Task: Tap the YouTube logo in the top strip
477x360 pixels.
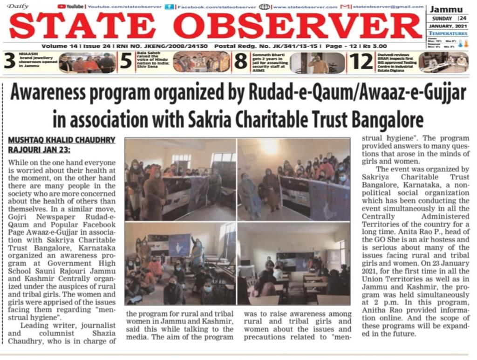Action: click(x=71, y=7)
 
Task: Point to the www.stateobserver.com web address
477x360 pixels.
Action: click(x=305, y=7)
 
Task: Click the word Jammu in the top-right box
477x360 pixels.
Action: click(x=446, y=10)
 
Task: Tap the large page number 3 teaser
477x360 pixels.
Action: click(x=10, y=61)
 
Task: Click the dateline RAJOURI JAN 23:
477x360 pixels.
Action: click(x=40, y=149)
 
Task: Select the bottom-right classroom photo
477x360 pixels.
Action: click(x=293, y=264)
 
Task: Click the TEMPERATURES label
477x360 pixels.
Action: click(x=448, y=34)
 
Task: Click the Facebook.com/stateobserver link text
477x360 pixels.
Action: click(x=218, y=7)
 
